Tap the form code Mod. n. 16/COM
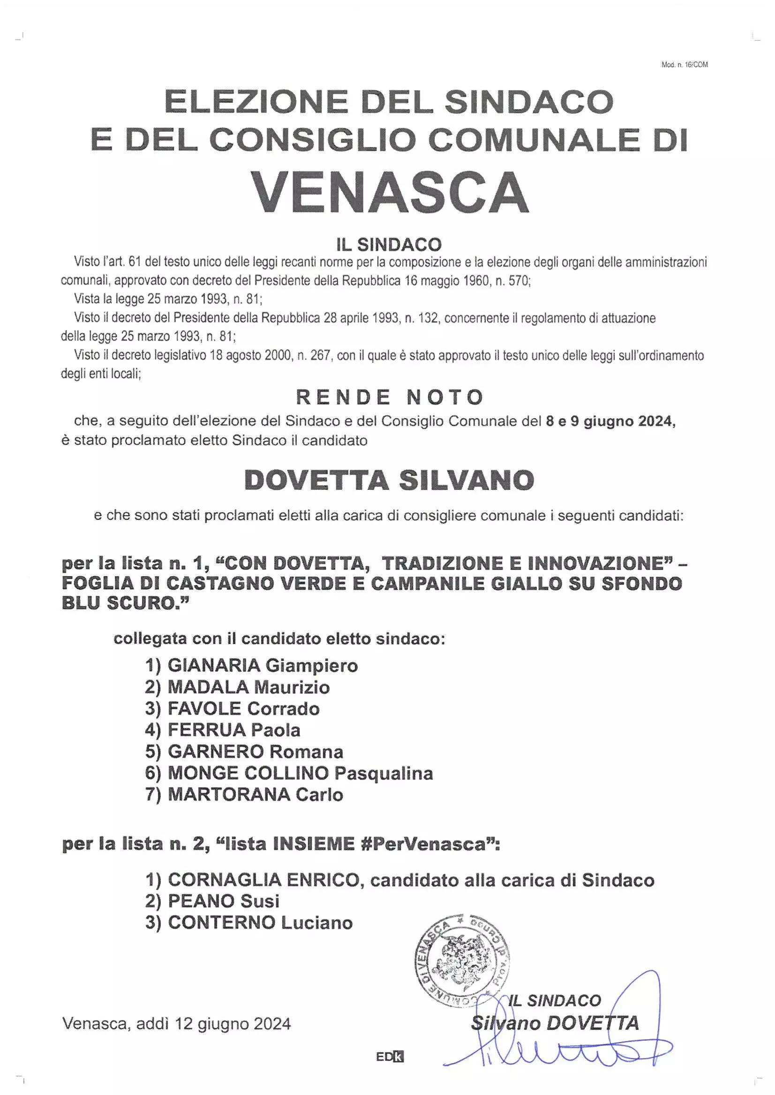[x=685, y=65]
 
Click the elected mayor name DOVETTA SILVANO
[x=389, y=480]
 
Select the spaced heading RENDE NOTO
[x=390, y=397]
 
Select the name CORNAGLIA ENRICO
[x=263, y=880]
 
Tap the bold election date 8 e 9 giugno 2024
[x=610, y=421]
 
